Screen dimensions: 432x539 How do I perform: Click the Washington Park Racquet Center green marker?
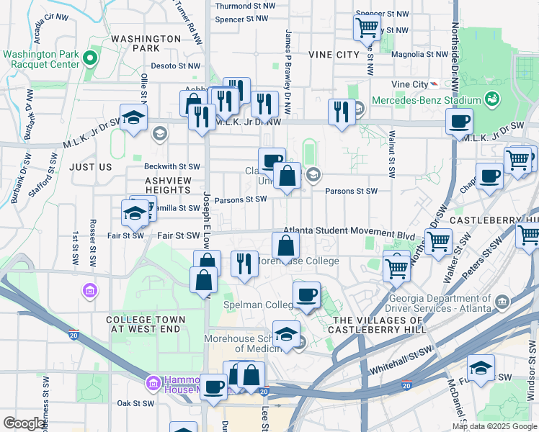tap(90, 58)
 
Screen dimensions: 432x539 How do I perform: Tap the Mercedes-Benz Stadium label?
tap(426, 100)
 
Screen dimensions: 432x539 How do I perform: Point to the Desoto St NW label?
tap(175, 66)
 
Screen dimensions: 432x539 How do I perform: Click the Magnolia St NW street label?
tap(421, 53)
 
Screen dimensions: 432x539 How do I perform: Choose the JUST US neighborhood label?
tap(91, 167)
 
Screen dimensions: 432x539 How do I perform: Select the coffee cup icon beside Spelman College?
tap(307, 294)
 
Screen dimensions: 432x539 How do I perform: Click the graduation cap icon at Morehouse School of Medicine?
tap(287, 334)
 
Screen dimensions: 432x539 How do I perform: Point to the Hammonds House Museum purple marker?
tap(152, 382)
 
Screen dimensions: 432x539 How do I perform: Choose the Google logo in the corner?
tap(24, 423)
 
